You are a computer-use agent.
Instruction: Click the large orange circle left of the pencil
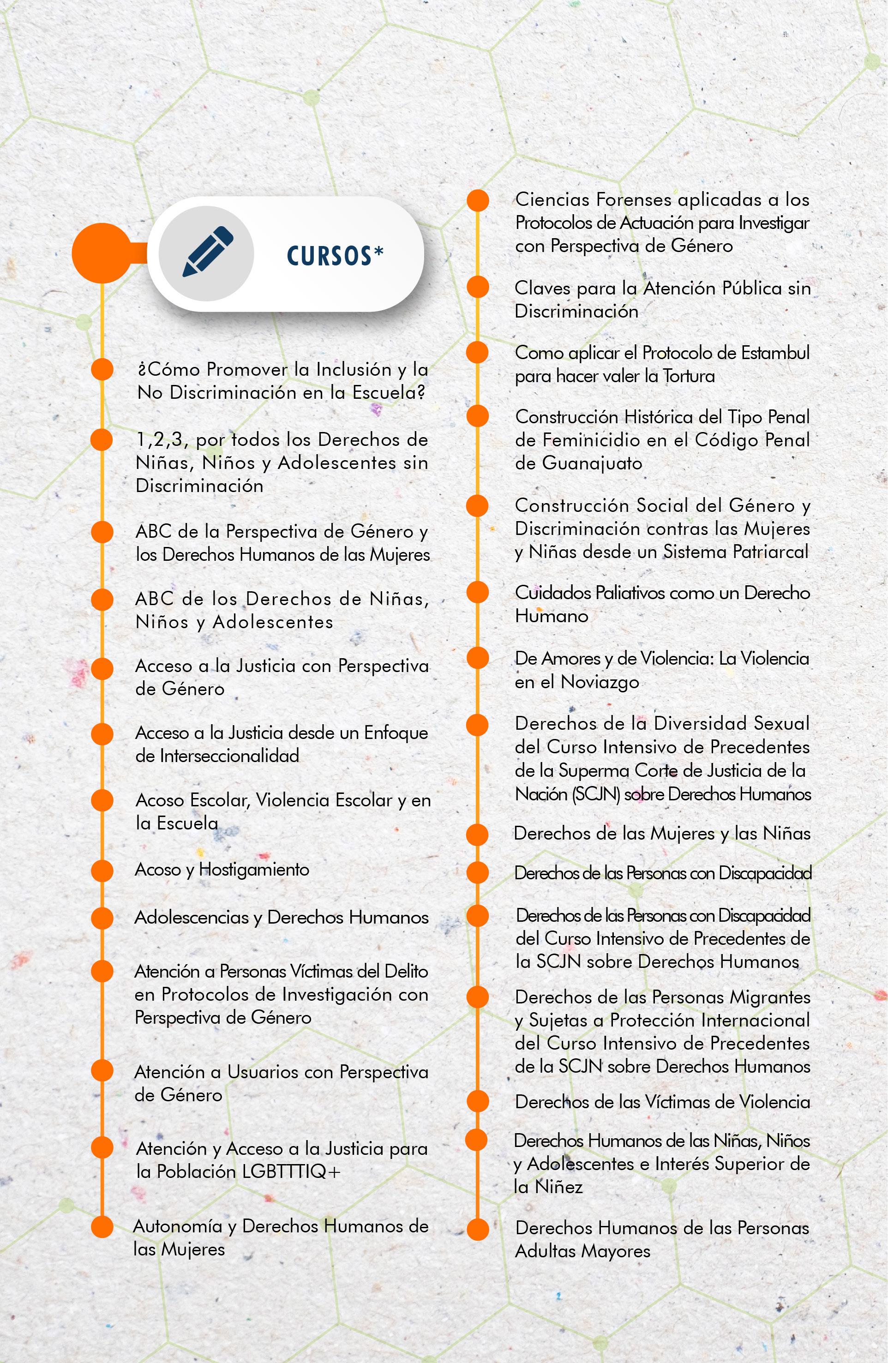coord(102,253)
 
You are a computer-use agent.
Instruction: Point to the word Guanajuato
coord(592,463)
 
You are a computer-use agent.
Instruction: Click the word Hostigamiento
coord(254,869)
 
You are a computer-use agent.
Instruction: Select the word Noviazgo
coord(600,681)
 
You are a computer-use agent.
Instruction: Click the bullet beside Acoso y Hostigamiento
coord(102,871)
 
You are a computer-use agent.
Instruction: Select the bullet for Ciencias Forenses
coord(478,200)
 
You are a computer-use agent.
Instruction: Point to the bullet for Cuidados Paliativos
coord(478,593)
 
